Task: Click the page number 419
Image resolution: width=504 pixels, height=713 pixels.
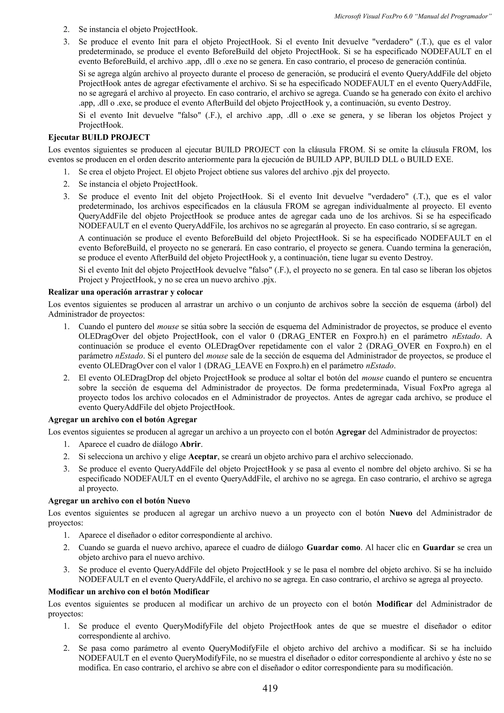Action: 269,688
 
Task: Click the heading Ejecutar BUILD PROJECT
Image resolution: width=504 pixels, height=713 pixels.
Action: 99,137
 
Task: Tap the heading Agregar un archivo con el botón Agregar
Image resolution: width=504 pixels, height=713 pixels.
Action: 122,419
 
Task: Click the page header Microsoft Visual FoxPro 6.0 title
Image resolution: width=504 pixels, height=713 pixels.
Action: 412,16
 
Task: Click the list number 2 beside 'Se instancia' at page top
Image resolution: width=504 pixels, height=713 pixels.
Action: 66,30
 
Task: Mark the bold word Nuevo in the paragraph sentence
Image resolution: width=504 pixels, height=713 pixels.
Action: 401,513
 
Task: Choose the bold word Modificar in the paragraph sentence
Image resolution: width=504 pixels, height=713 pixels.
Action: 394,604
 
